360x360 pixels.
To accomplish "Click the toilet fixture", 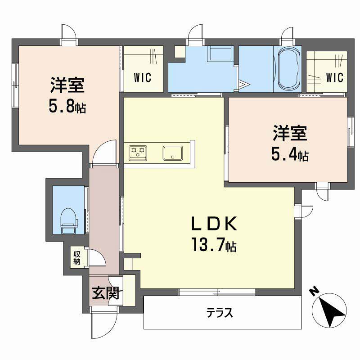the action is (x=69, y=220).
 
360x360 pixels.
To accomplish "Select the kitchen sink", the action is (x=173, y=153).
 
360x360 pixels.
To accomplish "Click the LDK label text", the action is (x=214, y=224).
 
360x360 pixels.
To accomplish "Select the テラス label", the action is (x=220, y=312).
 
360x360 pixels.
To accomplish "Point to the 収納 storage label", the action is (x=76, y=257).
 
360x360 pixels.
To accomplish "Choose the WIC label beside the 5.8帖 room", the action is (x=143, y=77).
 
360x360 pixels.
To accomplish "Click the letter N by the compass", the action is (x=314, y=291).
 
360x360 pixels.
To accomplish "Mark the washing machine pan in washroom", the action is (x=220, y=54).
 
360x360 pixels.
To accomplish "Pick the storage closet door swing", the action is (x=96, y=257).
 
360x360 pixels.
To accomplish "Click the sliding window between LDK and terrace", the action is (x=217, y=292).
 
